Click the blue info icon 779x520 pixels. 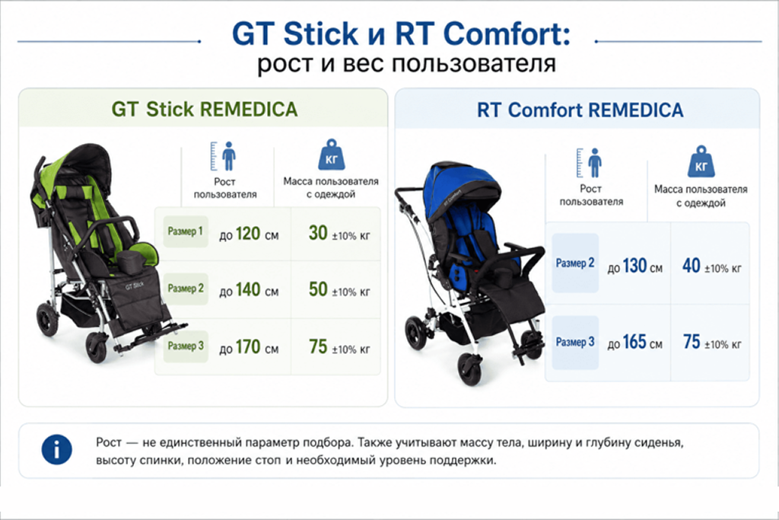click(56, 449)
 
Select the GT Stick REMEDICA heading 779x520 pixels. click(204, 110)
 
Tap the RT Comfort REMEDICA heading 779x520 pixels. click(580, 110)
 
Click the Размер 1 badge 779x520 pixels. click(186, 231)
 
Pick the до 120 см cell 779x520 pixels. click(249, 234)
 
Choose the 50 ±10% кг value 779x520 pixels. click(339, 289)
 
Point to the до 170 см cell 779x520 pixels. click(249, 347)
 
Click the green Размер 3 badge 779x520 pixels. click(186, 346)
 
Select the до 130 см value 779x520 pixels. click(635, 266)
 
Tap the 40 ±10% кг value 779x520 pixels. click(712, 266)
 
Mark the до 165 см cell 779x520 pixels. click(635, 342)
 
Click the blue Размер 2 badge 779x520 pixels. click(575, 263)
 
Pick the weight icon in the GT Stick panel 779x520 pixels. click(331, 155)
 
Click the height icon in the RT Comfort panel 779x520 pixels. click(590, 163)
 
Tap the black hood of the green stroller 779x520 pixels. click(87, 159)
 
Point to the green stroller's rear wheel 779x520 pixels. click(48, 318)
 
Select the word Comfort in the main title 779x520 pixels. click(506, 33)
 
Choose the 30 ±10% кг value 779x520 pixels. click(339, 233)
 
